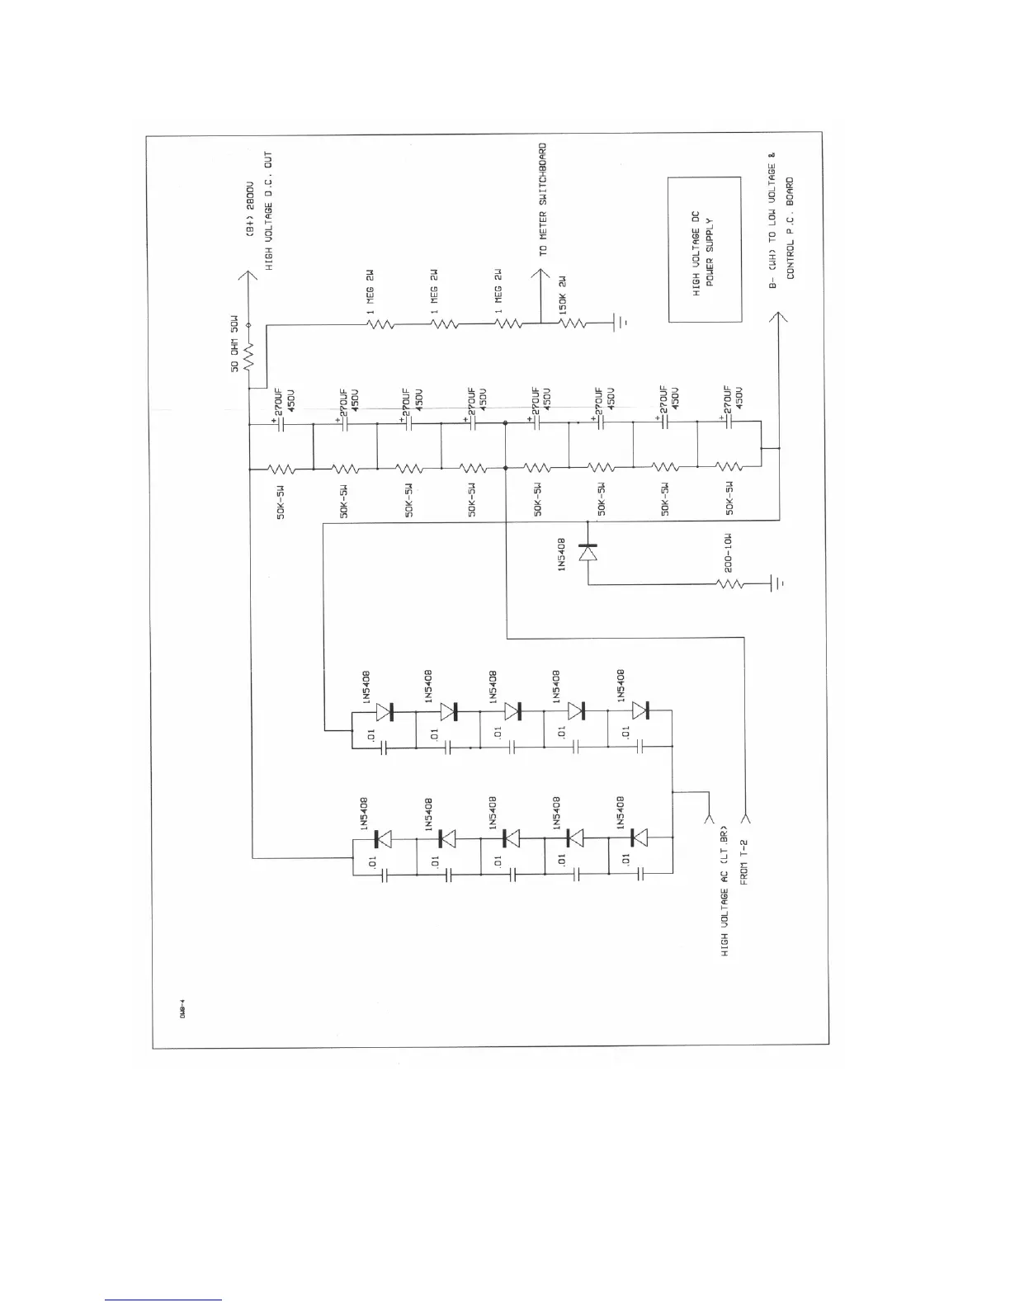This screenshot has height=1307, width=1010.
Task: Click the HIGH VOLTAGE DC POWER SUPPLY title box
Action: (704, 248)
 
